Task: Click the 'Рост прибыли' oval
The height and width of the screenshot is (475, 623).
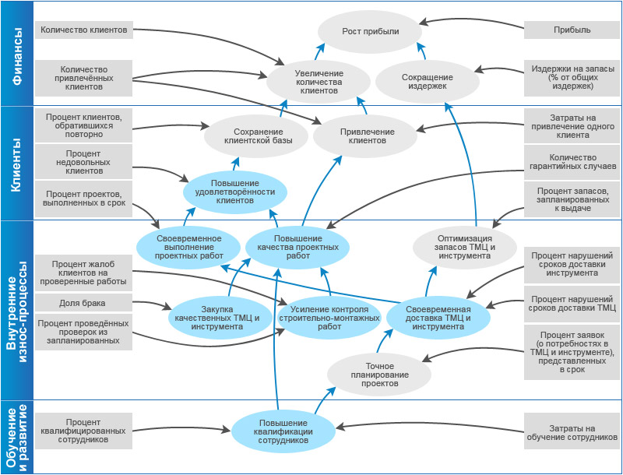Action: click(370, 31)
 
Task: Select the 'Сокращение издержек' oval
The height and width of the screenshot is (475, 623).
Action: click(427, 82)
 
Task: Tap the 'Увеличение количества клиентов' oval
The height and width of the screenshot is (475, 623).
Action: click(319, 82)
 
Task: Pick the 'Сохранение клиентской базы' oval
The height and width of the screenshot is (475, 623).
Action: click(256, 136)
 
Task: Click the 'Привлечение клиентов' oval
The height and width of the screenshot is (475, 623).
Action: click(365, 136)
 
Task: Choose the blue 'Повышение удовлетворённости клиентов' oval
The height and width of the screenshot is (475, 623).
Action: click(235, 192)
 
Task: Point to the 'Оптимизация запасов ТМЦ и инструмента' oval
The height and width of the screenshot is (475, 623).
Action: click(465, 247)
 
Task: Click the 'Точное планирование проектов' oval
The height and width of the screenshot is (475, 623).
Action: click(379, 375)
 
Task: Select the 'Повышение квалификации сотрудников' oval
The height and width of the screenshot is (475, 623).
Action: click(283, 431)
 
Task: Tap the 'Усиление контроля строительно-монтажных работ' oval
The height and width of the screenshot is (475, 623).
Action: click(329, 318)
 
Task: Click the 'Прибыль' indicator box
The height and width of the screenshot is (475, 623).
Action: click(572, 30)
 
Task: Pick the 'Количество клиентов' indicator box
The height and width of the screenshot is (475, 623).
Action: click(84, 30)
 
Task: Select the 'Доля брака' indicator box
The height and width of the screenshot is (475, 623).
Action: click(84, 303)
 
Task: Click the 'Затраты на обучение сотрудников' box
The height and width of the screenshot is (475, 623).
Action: click(572, 431)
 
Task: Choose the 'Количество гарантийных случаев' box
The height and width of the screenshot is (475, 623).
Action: click(572, 162)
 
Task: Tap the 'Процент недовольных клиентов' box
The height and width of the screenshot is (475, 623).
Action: click(84, 162)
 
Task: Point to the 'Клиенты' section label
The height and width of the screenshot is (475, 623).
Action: click(16, 164)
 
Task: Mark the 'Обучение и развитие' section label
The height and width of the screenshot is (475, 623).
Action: click(17, 438)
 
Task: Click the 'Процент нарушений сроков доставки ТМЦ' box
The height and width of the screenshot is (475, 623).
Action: click(572, 304)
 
